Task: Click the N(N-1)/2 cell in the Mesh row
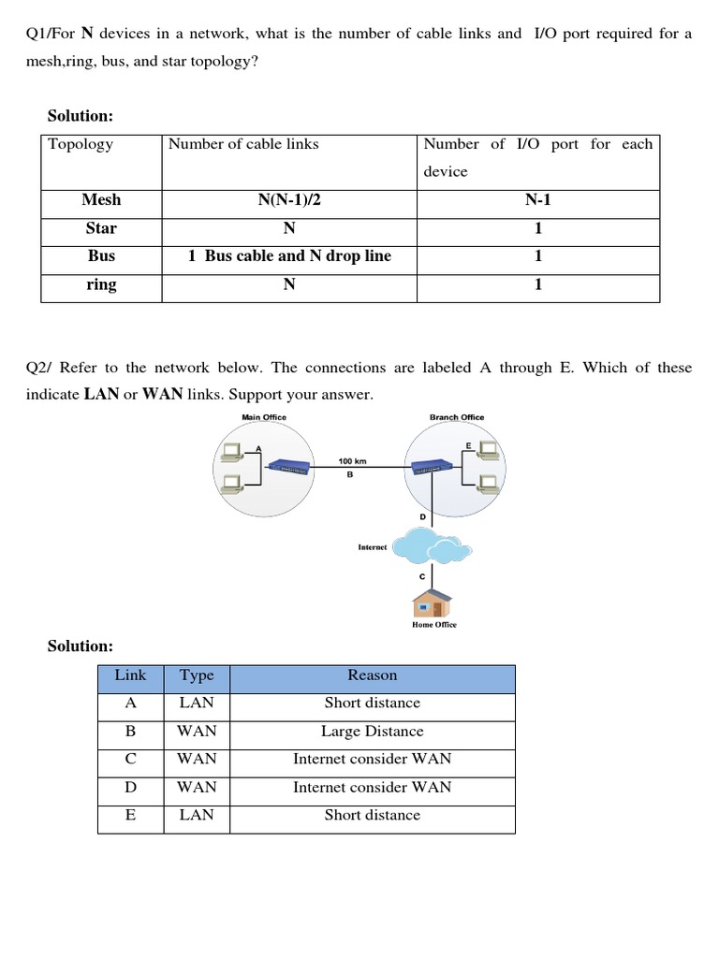(289, 199)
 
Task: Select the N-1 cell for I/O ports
(537, 199)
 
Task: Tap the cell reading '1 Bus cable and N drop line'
(289, 255)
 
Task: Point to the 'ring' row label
(101, 284)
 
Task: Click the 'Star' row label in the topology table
(101, 227)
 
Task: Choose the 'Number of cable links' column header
(243, 144)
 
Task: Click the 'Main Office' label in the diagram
(264, 417)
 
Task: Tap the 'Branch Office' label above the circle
(457, 417)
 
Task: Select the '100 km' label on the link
(351, 461)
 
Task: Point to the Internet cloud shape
(432, 545)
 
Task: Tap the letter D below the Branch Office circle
(422, 516)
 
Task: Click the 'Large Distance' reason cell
(372, 732)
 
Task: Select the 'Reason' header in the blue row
(372, 675)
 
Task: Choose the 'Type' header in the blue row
(197, 675)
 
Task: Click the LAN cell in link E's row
(197, 815)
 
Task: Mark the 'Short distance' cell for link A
(372, 703)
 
